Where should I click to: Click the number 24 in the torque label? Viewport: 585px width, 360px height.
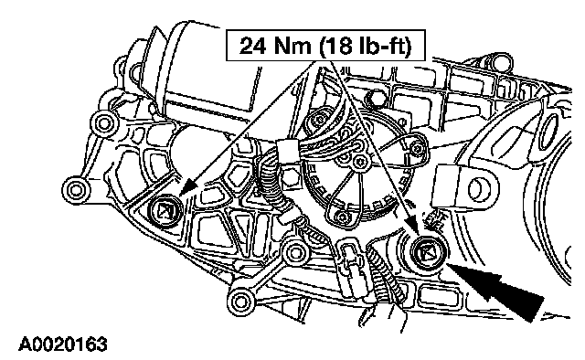pyautogui.click(x=253, y=46)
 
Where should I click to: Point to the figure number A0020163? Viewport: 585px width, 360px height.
pyautogui.click(x=63, y=344)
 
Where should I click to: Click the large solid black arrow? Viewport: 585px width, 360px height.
pyautogui.click(x=496, y=291)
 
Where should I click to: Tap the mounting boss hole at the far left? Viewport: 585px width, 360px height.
pyautogui.click(x=75, y=190)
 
